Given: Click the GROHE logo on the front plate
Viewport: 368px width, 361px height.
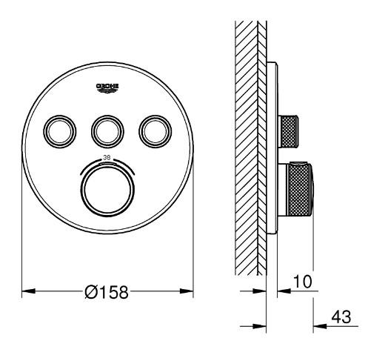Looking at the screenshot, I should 107,89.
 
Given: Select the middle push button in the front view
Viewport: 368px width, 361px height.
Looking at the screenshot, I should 107,131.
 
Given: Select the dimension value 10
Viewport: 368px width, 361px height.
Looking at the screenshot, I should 303,282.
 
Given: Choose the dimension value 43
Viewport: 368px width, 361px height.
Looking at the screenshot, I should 343,317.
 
